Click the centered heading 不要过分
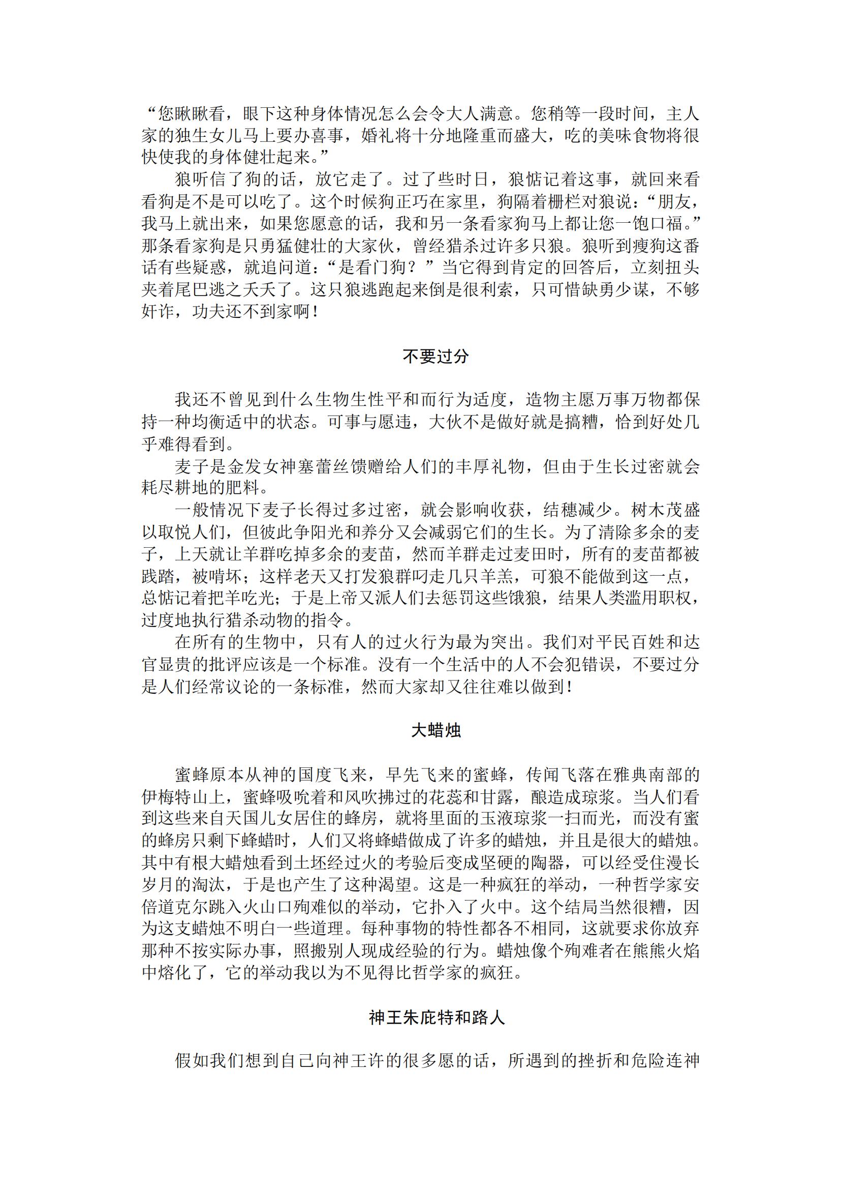coord(435,356)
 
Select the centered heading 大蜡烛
coord(435,730)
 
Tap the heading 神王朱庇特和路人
coord(436,1017)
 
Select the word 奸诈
coord(158,312)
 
